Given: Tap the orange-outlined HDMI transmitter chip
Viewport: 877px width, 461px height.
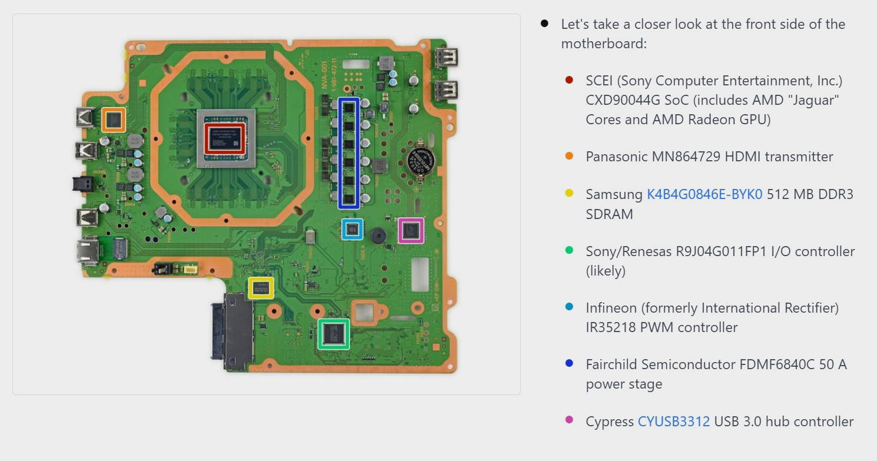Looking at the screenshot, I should click(113, 120).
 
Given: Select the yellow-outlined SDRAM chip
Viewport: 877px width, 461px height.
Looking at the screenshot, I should click(261, 288).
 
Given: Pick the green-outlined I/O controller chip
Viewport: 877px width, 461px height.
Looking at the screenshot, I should click(334, 334).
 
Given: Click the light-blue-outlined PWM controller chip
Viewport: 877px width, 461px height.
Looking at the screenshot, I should click(352, 229).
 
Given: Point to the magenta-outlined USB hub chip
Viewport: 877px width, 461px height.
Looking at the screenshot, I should click(411, 230).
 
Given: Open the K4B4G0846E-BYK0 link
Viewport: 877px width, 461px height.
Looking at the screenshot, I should click(704, 194).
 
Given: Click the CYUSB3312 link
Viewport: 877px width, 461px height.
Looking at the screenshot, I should click(674, 422).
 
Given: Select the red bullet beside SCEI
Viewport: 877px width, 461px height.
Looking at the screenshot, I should click(569, 80).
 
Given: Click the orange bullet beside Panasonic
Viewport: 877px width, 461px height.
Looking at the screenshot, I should click(569, 156).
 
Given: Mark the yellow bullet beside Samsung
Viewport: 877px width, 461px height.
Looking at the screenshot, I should click(569, 194).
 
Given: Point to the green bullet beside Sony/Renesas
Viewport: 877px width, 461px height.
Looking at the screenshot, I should click(569, 251).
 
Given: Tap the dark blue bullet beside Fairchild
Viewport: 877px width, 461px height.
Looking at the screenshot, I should click(569, 364).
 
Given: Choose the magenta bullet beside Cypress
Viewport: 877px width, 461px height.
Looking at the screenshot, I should click(569, 420).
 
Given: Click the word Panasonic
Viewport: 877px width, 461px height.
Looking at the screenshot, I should click(616, 157).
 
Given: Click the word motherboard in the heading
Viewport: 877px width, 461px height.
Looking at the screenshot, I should click(604, 44).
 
